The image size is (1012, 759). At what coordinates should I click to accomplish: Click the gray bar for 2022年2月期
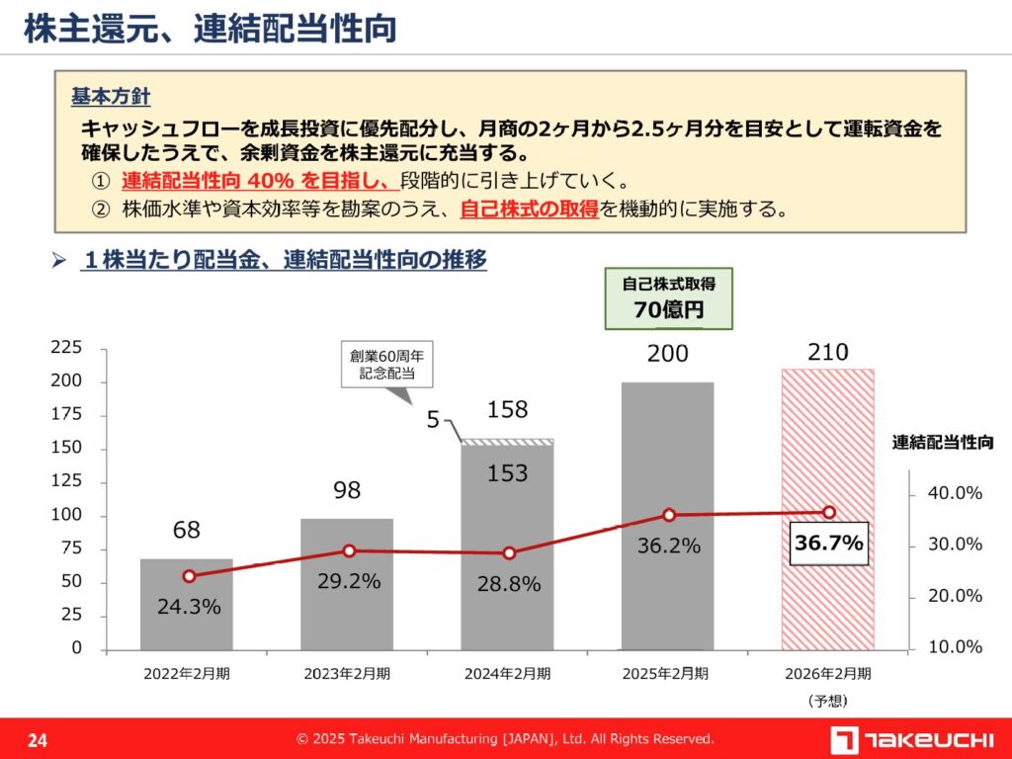pyautogui.click(x=187, y=604)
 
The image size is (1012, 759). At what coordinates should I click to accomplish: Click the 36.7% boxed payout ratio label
pyautogui.click(x=829, y=543)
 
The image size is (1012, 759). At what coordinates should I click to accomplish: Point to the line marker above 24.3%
pyautogui.click(x=189, y=576)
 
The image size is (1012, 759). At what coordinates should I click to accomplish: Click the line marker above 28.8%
pyautogui.click(x=509, y=553)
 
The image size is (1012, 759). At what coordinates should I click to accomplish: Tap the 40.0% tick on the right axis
pyautogui.click(x=956, y=493)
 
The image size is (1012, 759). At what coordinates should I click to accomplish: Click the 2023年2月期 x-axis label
pyautogui.click(x=347, y=675)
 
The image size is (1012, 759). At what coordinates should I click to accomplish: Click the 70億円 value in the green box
pyautogui.click(x=668, y=309)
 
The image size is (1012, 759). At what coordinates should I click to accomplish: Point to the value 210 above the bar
pyautogui.click(x=828, y=353)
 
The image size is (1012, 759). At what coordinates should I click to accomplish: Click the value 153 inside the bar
pyautogui.click(x=508, y=473)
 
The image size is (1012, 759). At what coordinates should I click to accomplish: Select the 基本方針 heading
pyautogui.click(x=111, y=97)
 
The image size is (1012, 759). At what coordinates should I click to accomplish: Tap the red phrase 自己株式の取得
pyautogui.click(x=530, y=210)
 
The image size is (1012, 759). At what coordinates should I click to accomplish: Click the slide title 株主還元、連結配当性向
pyautogui.click(x=210, y=28)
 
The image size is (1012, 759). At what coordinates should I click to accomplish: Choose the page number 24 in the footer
pyautogui.click(x=38, y=740)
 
